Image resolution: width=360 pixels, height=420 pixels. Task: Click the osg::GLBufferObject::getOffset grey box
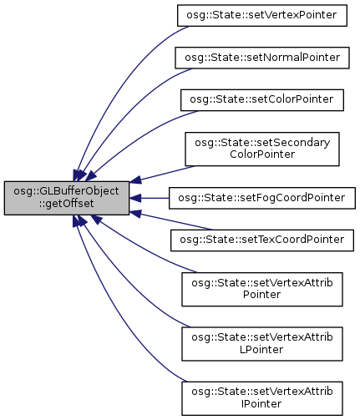pyautogui.click(x=67, y=198)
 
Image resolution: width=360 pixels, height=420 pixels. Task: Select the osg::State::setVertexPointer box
pyautogui.click(x=262, y=16)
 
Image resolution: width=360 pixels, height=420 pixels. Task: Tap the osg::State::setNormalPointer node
pyautogui.click(x=262, y=58)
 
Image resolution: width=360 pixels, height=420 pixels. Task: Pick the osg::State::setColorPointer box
pyautogui.click(x=262, y=100)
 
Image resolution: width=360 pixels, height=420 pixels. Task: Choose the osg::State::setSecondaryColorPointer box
pyautogui.click(x=262, y=149)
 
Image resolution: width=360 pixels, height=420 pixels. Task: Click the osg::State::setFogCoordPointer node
pyautogui.click(x=262, y=198)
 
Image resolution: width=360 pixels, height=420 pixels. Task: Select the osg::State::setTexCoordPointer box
pyautogui.click(x=262, y=240)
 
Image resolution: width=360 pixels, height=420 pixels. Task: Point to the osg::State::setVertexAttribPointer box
pyautogui.click(x=262, y=290)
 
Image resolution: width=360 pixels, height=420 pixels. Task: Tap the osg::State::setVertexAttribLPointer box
pyautogui.click(x=262, y=344)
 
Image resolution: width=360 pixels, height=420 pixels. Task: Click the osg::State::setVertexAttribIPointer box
pyautogui.click(x=262, y=398)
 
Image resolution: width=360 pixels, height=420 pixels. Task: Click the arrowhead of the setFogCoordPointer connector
pyautogui.click(x=135, y=198)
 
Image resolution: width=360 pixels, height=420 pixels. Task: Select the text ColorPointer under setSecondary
pyautogui.click(x=262, y=154)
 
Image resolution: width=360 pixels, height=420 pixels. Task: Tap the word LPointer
pyautogui.click(x=261, y=350)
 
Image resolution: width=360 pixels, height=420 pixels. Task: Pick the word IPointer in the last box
pyautogui.click(x=261, y=404)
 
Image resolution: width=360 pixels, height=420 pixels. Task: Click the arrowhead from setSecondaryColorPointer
pyautogui.click(x=135, y=180)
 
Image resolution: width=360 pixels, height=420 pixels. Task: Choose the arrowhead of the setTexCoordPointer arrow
pyautogui.click(x=135, y=214)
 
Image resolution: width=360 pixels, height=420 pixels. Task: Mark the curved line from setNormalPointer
pyautogui.click(x=128, y=111)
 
